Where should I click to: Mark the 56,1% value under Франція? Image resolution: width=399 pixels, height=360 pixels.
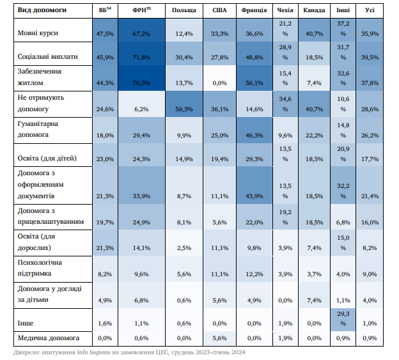point(254,82)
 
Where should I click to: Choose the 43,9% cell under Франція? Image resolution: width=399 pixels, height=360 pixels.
point(254,196)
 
